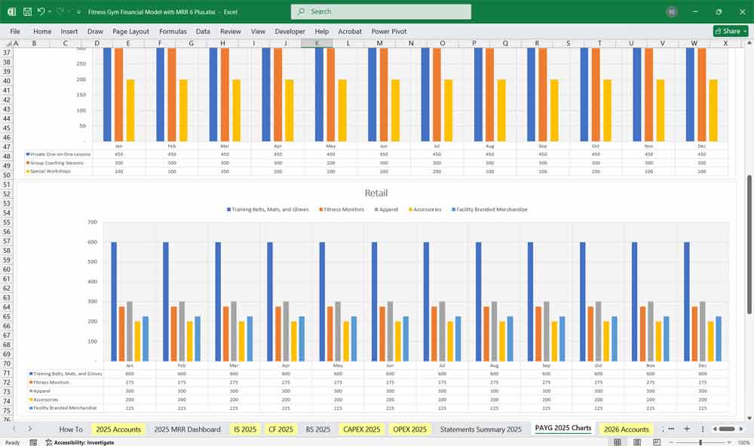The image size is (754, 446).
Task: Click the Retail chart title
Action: coord(376,194)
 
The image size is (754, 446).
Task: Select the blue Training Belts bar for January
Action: coord(114,301)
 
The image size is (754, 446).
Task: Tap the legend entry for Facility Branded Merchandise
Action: coord(490,209)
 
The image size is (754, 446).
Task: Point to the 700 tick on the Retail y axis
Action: coord(92,222)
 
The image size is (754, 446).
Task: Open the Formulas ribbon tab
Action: coord(173,32)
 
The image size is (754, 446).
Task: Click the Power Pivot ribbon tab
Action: coord(388,32)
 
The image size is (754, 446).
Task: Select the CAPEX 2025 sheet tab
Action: coord(361,429)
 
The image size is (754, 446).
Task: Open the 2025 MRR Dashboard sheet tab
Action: coord(187,429)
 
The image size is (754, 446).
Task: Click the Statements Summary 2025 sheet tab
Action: coord(480,429)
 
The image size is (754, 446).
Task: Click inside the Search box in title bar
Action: coord(381,11)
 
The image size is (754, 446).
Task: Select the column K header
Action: coord(317,44)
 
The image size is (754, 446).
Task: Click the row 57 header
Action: coord(8,241)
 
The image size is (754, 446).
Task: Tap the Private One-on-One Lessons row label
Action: coord(59,154)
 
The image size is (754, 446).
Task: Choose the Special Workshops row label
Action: coord(52,171)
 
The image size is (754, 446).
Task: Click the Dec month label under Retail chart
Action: coord(703,365)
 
